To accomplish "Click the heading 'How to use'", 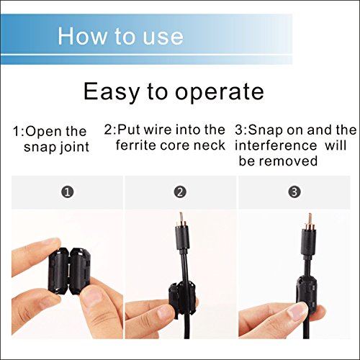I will point(120,35).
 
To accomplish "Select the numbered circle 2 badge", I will point(180,193).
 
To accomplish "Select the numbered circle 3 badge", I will point(294,193).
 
